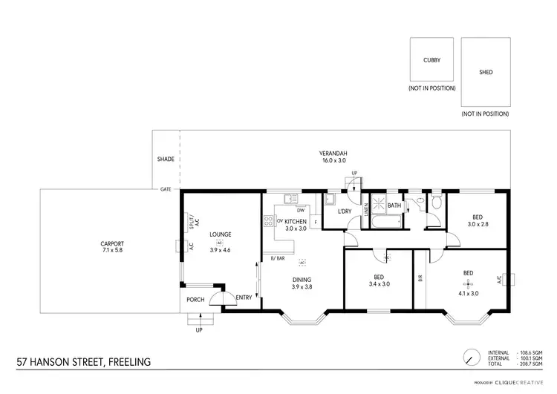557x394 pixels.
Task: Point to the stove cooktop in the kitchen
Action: [x=267, y=220]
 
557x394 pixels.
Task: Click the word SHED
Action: [x=486, y=73]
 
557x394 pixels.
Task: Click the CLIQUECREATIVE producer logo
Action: [x=519, y=384]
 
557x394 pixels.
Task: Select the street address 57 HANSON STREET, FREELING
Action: [x=83, y=362]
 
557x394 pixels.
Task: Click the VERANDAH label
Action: [x=333, y=154]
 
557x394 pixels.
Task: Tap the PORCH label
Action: [x=195, y=300]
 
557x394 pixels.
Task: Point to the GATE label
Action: [x=165, y=189]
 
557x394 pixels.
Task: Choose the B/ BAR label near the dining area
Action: [x=278, y=257]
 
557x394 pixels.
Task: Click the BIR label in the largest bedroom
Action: [x=420, y=280]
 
